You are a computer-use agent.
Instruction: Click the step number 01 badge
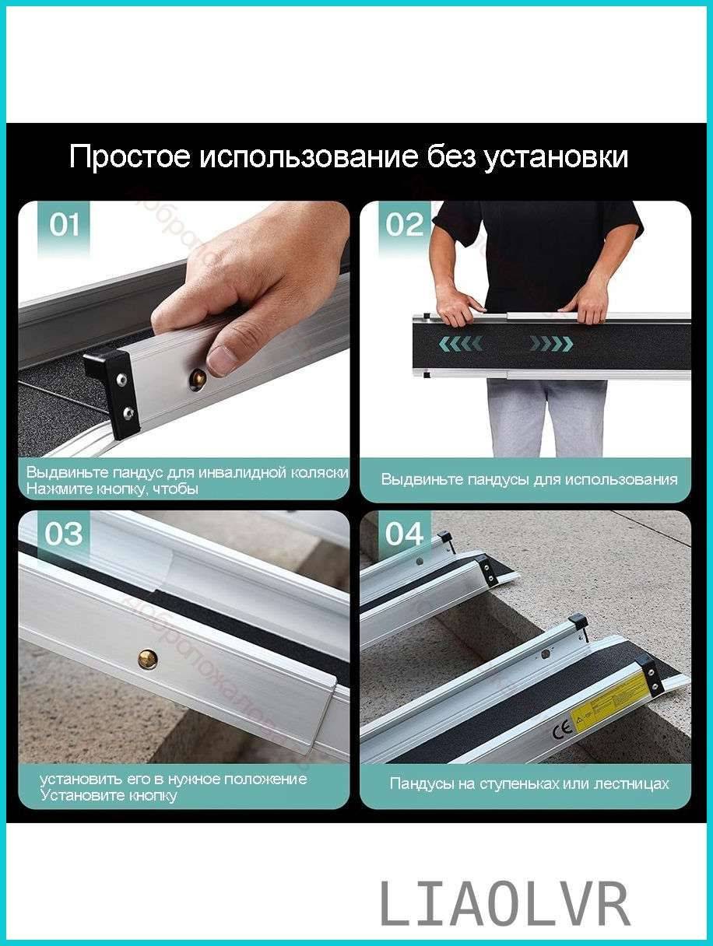65,225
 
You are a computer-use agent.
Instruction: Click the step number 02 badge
405,225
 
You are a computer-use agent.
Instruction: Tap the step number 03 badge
64,534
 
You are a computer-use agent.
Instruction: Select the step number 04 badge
405,534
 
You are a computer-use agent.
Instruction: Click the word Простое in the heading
129,157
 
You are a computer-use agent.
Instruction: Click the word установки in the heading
556,157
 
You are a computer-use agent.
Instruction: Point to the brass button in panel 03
147,659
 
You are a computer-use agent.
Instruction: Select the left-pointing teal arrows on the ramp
461,343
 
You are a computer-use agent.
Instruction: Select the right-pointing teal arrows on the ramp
551,343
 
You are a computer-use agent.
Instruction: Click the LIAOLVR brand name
504,905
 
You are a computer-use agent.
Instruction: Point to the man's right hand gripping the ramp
459,305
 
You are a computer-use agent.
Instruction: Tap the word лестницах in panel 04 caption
632,783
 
